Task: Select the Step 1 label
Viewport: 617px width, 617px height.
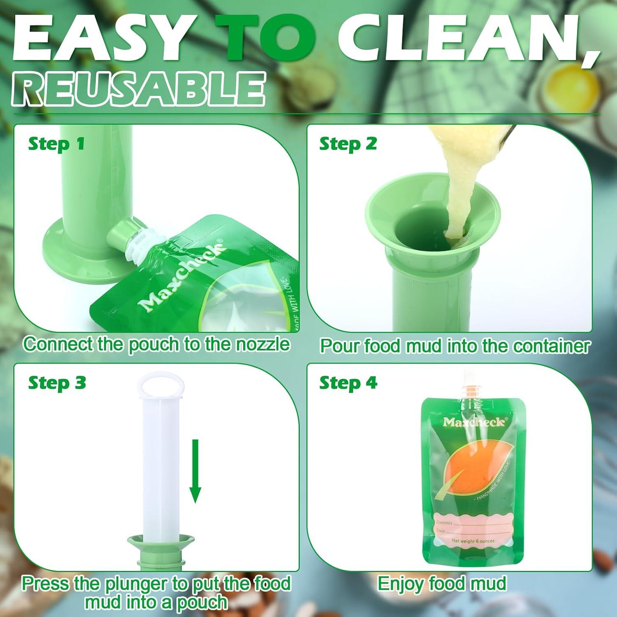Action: (x=56, y=144)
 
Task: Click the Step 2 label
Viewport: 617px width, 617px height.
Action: (x=348, y=144)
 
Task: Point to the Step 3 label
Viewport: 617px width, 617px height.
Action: (x=57, y=383)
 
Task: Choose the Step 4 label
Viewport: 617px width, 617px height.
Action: (x=348, y=383)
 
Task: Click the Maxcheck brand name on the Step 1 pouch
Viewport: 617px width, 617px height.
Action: (x=181, y=276)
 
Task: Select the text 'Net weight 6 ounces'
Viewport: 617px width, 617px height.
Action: (x=473, y=541)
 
